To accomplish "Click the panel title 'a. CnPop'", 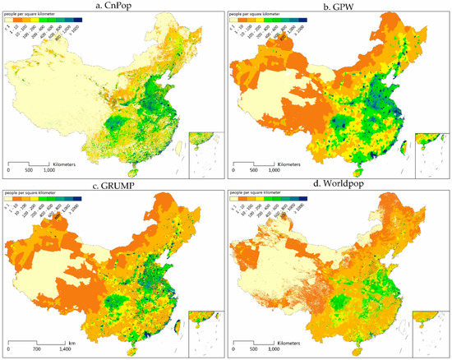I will pos(113,6).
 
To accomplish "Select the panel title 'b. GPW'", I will pos(338,6).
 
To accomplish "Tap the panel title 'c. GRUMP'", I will pos(113,185).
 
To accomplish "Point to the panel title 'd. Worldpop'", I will pos(338,185).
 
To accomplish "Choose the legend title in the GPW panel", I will pos(264,15).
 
